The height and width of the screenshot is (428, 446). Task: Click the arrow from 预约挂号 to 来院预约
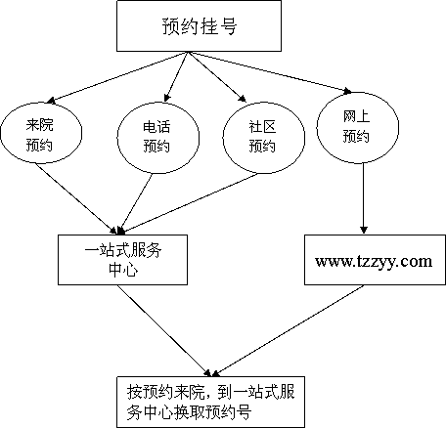(x=116, y=77)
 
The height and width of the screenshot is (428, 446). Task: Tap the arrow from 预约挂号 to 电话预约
(x=176, y=77)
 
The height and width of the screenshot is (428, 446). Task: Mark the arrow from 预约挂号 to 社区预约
(x=217, y=77)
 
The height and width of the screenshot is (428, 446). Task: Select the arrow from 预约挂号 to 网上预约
(x=270, y=72)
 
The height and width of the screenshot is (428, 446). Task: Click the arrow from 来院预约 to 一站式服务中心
(x=76, y=198)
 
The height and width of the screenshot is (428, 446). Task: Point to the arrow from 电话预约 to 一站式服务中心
(x=137, y=204)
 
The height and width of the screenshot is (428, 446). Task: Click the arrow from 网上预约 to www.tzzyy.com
(x=364, y=198)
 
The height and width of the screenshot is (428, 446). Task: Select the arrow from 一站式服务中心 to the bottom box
(x=163, y=330)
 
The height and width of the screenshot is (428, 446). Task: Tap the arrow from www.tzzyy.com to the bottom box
(x=288, y=330)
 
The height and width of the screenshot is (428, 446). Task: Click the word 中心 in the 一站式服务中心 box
(x=123, y=270)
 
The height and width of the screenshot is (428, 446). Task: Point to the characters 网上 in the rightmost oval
(x=356, y=116)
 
